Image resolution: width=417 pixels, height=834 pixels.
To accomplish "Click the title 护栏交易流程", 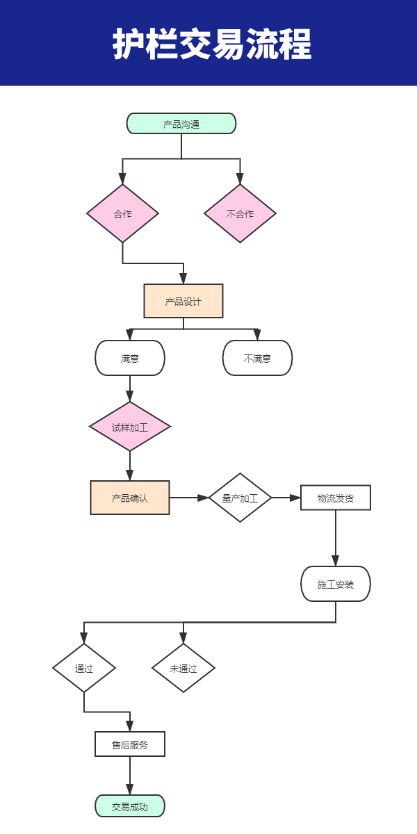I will (x=212, y=44).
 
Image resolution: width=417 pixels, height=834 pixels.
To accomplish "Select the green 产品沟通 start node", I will (x=181, y=124).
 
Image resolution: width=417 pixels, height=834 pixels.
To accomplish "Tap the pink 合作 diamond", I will (x=122, y=213).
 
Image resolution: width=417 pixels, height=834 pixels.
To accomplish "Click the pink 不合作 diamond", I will (x=240, y=213).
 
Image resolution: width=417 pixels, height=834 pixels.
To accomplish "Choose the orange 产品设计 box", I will (x=183, y=301).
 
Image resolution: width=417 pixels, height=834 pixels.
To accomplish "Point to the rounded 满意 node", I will (x=130, y=358).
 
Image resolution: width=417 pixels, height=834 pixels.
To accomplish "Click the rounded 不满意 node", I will (x=257, y=358).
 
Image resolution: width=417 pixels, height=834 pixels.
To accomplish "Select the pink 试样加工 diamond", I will (x=130, y=427).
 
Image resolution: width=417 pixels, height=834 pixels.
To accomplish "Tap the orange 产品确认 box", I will (x=130, y=498).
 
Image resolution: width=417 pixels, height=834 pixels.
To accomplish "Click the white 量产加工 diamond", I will (x=240, y=498).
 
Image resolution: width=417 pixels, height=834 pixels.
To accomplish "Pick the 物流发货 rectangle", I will (x=336, y=498).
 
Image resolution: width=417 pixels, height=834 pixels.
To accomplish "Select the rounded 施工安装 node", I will (x=336, y=584).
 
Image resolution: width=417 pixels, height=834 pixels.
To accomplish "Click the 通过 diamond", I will (x=84, y=668).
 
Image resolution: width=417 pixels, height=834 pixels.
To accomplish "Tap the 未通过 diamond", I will (x=183, y=668).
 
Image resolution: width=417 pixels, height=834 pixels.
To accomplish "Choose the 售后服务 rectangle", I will (x=130, y=744).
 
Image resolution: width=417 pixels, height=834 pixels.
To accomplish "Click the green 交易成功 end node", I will (x=130, y=806).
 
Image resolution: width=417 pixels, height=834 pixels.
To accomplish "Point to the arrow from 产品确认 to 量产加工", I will (x=189, y=498).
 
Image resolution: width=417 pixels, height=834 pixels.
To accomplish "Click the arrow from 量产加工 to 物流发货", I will (x=286, y=498).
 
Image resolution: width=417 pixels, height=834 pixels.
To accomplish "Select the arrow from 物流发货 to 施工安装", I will (x=336, y=538).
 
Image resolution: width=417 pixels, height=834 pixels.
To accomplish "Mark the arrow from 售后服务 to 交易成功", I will (x=130, y=776).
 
